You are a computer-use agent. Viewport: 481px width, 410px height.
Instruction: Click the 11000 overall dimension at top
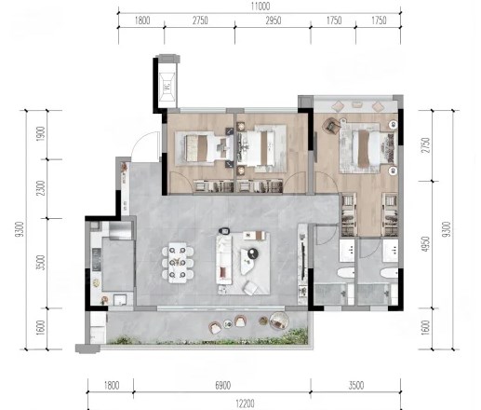click(261, 7)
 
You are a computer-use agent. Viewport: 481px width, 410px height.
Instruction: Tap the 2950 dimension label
click(274, 20)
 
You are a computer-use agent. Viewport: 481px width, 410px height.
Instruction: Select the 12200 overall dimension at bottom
click(245, 403)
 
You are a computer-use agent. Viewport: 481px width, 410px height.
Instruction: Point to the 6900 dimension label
click(222, 386)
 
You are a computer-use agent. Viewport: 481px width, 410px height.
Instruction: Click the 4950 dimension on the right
click(426, 244)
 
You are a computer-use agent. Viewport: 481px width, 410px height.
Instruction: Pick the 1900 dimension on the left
click(41, 134)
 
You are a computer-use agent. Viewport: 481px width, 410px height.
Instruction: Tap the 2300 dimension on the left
click(41, 188)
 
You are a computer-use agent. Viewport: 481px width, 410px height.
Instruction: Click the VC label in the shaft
click(167, 86)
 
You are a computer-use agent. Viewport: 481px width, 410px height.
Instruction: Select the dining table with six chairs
click(178, 263)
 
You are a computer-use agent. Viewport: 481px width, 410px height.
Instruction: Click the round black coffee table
click(253, 253)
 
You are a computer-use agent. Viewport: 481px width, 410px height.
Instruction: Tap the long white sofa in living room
click(224, 260)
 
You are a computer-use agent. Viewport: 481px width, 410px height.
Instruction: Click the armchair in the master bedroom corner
click(331, 126)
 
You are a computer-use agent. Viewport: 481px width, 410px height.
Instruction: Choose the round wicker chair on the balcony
click(279, 321)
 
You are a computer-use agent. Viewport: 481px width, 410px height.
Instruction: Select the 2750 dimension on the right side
click(426, 145)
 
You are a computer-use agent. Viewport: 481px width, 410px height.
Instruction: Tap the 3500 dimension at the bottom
click(355, 386)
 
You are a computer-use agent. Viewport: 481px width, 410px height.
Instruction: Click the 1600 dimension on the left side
click(41, 328)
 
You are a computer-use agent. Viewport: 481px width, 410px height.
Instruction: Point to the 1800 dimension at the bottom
click(112, 386)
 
